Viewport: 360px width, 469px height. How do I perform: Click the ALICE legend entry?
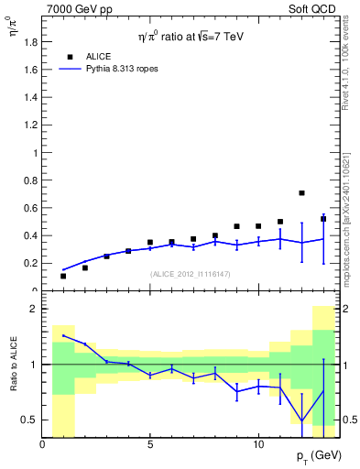[x=98, y=56]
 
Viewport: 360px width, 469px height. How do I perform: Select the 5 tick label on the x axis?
[x=150, y=443]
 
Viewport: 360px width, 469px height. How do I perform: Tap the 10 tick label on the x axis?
[x=258, y=443]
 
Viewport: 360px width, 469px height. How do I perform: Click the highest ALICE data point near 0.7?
[x=301, y=193]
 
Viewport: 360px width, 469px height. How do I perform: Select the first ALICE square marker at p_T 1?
[x=63, y=276]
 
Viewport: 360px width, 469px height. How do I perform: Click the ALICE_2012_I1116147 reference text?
[x=190, y=274]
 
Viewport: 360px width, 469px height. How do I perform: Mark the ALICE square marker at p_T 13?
[x=323, y=219]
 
